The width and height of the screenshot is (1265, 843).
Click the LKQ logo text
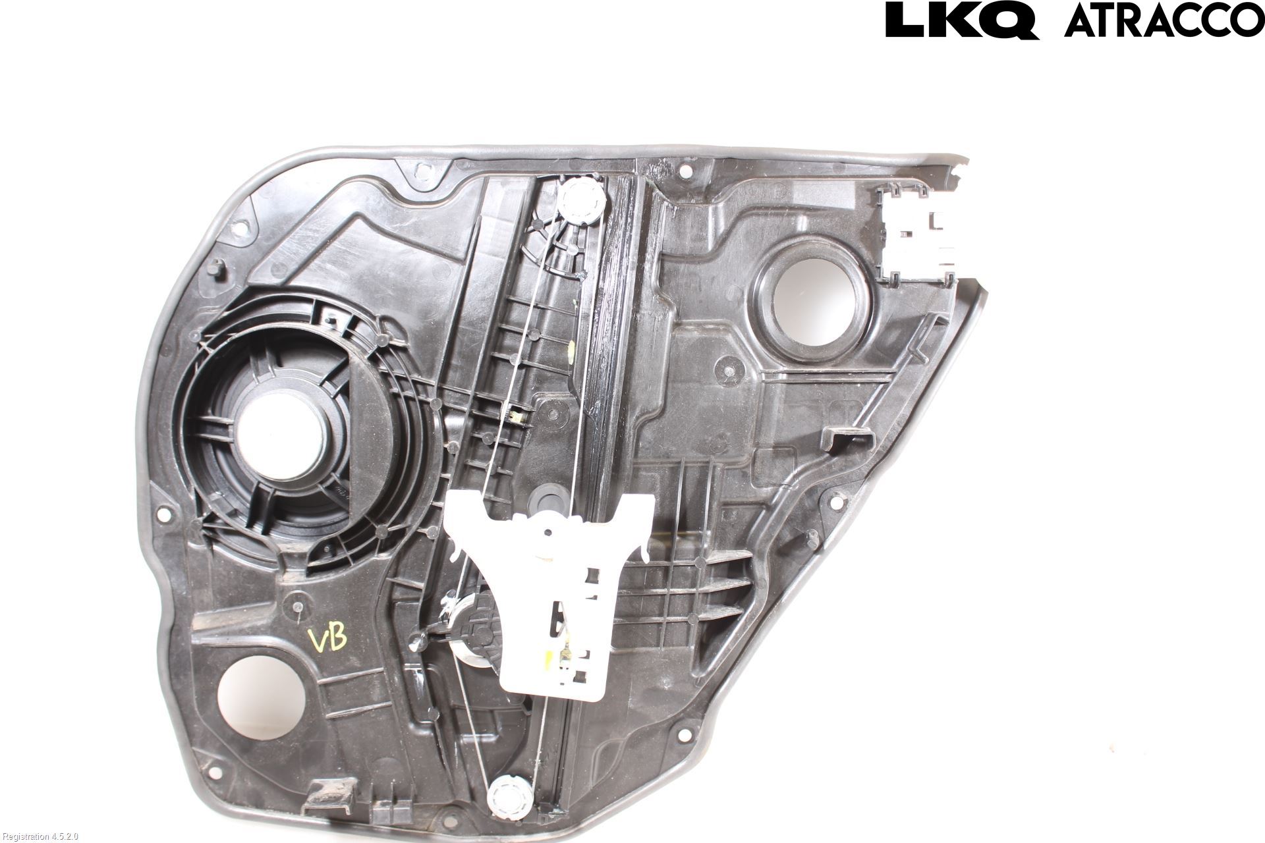coord(963,20)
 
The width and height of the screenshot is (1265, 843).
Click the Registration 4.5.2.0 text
coord(40,836)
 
